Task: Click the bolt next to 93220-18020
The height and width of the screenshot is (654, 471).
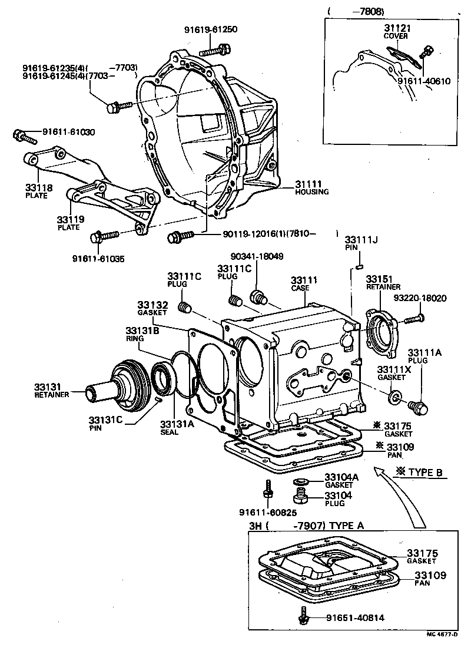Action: [x=414, y=319]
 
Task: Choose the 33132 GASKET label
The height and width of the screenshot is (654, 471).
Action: [x=153, y=308]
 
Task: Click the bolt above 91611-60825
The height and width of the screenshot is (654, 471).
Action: [x=268, y=490]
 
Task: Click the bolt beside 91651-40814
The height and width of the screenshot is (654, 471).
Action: [x=304, y=616]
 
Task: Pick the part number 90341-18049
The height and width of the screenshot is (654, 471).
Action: [x=257, y=256]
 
